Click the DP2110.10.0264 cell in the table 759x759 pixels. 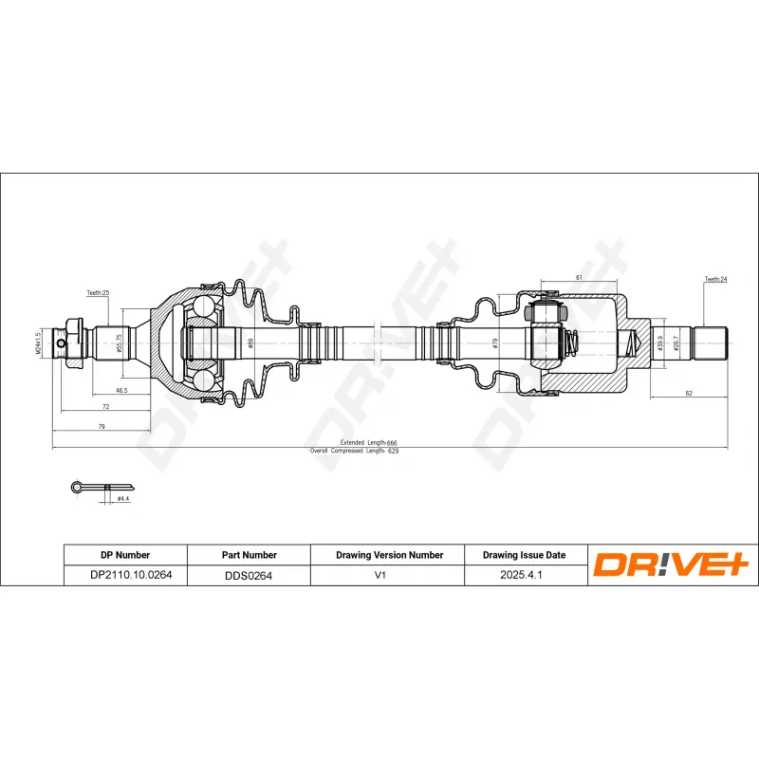tap(125, 574)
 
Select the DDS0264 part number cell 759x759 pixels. tap(249, 574)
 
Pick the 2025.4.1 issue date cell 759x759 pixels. tap(526, 574)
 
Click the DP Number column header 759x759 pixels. tap(125, 554)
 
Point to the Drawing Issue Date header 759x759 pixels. tap(526, 554)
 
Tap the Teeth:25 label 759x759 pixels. tap(99, 294)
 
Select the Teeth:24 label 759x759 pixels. tap(715, 280)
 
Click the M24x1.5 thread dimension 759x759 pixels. tap(39, 343)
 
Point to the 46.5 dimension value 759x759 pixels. tap(121, 390)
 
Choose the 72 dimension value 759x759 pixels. tap(105, 406)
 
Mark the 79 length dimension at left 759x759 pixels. tap(102, 427)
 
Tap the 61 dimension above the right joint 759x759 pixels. tap(579, 277)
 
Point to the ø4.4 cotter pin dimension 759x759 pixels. tap(122, 497)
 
